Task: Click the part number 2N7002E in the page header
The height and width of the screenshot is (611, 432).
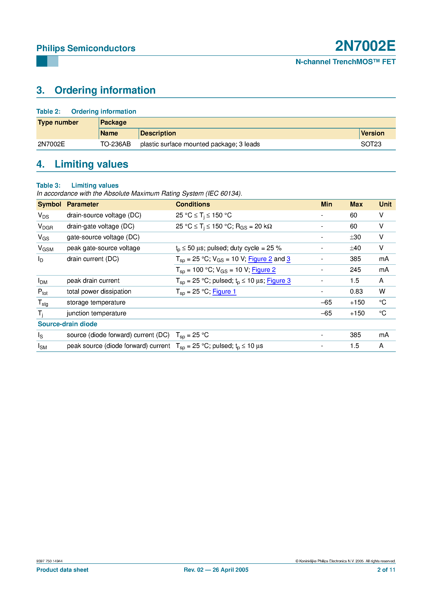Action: (365, 46)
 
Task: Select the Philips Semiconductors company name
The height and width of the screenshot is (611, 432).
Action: (86, 48)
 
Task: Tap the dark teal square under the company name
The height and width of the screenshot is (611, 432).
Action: (42, 61)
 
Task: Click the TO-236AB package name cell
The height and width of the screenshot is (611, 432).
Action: (115, 144)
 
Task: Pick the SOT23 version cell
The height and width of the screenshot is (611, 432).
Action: (371, 144)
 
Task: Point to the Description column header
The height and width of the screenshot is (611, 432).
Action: (158, 133)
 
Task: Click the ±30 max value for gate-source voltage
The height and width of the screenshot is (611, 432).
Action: (355, 237)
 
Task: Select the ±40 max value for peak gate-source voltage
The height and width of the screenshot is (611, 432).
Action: (355, 248)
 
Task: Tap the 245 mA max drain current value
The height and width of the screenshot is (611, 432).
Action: (355, 270)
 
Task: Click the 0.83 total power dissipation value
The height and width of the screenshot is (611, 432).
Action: (356, 292)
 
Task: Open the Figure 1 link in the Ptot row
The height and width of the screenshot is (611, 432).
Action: (224, 292)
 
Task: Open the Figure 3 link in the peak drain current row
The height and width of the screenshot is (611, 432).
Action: (278, 281)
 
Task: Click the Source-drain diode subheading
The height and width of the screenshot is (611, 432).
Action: (67, 324)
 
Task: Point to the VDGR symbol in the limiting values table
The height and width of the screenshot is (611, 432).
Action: (46, 227)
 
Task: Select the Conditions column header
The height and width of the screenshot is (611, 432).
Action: (193, 204)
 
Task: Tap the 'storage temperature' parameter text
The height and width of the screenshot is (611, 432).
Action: (96, 303)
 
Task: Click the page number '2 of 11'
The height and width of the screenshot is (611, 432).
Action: (386, 570)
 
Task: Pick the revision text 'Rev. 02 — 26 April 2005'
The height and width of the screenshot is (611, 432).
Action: (216, 570)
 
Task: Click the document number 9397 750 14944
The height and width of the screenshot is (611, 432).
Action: (50, 561)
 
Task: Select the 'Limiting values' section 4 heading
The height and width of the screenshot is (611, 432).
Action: (91, 164)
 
